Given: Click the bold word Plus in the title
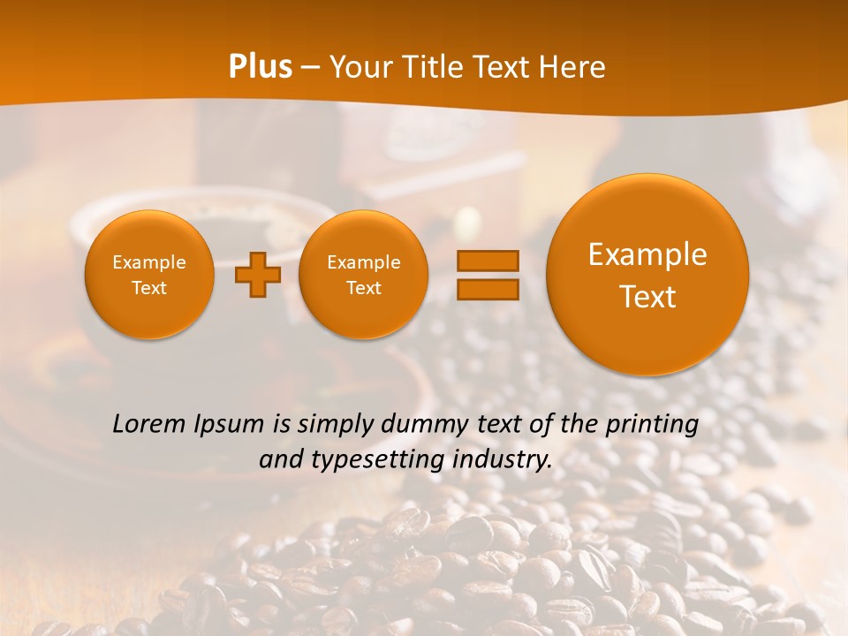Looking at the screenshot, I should coord(260,67).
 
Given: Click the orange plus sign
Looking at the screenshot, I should coord(258,275).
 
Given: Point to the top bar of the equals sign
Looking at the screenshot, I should coord(487,261).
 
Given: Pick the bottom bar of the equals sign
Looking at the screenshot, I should coord(487,289).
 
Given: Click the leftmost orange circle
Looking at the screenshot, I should coord(149,275).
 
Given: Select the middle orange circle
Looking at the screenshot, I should coord(364,275).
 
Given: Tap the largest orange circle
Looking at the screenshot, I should coord(647,275).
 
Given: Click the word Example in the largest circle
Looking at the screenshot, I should coord(647,254).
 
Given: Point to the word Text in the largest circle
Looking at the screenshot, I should coord(647,297).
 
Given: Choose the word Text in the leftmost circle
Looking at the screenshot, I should coord(149,288).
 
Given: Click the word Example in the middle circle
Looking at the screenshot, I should coord(364,262).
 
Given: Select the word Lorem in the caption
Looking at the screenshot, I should coord(150,424).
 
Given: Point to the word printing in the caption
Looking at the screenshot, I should coord(652,425).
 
